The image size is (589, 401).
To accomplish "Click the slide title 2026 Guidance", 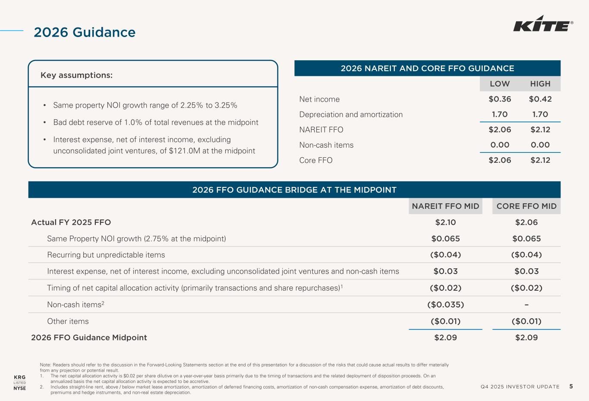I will click(85, 32).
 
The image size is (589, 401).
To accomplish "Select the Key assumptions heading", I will click(76, 75).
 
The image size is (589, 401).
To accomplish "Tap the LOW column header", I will click(500, 84).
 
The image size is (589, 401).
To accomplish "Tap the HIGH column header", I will click(540, 84).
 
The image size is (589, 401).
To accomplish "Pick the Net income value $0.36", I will click(500, 99).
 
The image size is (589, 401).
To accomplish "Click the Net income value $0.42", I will click(540, 99).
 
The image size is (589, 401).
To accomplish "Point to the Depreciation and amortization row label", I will click(351, 115).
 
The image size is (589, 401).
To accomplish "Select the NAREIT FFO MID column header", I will click(445, 206).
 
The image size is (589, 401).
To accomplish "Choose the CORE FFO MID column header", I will click(526, 206).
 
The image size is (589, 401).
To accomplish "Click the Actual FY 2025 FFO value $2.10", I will click(445, 222).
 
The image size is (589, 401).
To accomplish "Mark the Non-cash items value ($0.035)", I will click(445, 305).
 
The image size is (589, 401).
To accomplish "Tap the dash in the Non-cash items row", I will click(526, 305).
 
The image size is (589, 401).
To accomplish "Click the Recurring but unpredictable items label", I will click(106, 255).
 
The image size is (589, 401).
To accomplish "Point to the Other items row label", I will click(68, 321).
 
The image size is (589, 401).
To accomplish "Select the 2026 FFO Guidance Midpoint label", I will click(89, 338).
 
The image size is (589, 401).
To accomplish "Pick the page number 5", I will click(571, 386).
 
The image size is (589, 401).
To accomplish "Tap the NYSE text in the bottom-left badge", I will click(20, 388).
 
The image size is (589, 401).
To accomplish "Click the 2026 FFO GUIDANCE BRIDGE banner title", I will click(294, 190).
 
